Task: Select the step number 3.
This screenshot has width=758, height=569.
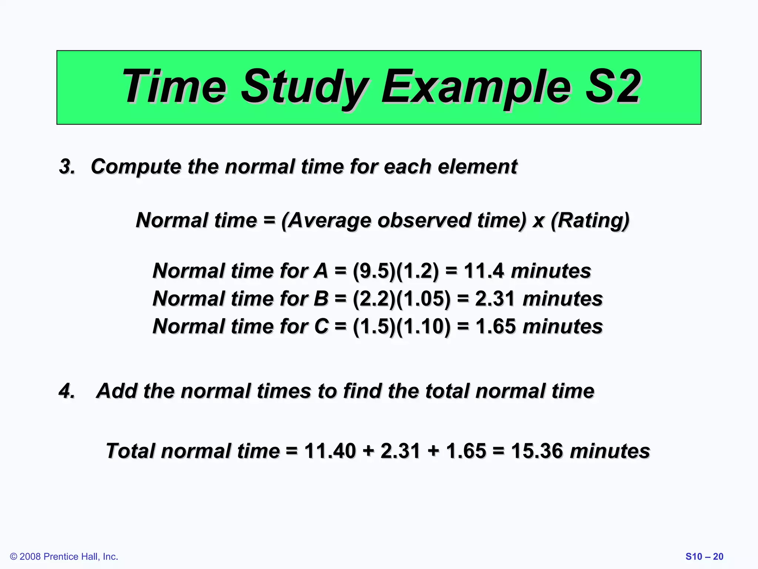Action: click(x=67, y=166)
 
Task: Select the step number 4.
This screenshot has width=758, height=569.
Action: click(x=67, y=391)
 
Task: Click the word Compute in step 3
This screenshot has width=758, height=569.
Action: click(x=136, y=166)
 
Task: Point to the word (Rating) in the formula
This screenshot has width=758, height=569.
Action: click(x=590, y=220)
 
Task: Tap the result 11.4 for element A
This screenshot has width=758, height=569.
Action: click(x=484, y=271)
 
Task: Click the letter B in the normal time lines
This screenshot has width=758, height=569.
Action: click(x=321, y=299)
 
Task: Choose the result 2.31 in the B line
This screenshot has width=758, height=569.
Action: click(x=495, y=299)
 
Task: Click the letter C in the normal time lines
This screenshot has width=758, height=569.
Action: click(x=321, y=326)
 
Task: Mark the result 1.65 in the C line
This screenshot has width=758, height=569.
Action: click(x=495, y=326)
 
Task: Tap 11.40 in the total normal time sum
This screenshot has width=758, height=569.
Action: click(x=330, y=451)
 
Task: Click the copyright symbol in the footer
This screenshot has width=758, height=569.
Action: click(x=14, y=557)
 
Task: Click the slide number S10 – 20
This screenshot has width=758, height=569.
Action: click(x=704, y=557)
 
